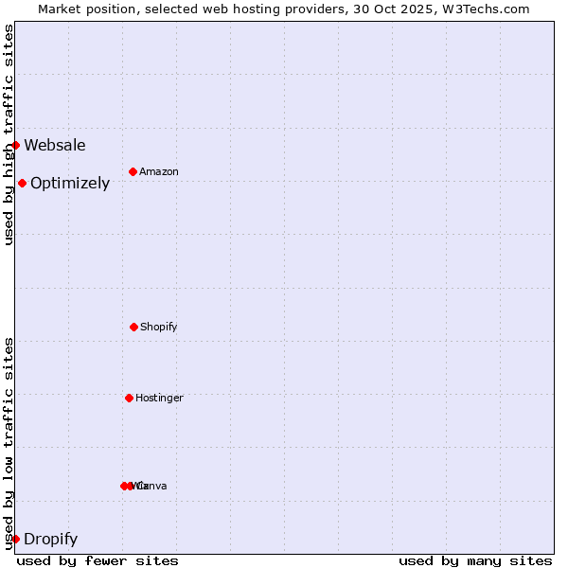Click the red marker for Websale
[x=16, y=145]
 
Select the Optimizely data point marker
[x=22, y=183]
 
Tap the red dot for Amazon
[x=133, y=171]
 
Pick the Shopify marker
[x=133, y=327]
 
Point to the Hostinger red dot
[x=129, y=398]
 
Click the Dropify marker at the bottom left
[x=15, y=539]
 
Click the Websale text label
[x=55, y=145]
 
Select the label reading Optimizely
[x=70, y=183]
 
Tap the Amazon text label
[x=159, y=171]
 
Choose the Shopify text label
[x=159, y=327]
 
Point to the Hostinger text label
[x=159, y=398]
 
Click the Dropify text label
[x=50, y=540]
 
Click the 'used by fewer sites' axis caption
[x=98, y=560]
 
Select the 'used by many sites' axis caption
[x=475, y=560]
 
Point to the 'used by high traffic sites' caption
[x=9, y=134]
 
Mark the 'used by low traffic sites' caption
[x=9, y=443]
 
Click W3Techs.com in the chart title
[x=488, y=9]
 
